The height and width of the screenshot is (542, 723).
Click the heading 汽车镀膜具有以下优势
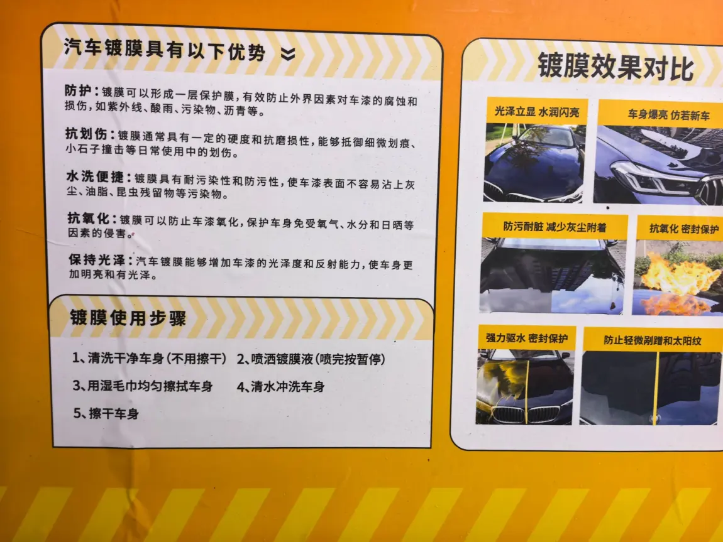click(x=164, y=49)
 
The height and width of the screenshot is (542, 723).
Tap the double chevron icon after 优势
click(x=288, y=54)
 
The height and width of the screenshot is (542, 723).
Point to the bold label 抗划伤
click(x=86, y=134)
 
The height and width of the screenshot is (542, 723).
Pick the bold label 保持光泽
click(x=97, y=259)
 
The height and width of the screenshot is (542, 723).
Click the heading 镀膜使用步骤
click(x=128, y=318)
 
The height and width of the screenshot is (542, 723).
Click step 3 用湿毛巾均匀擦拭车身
click(x=143, y=386)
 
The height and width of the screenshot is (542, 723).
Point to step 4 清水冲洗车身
click(x=281, y=386)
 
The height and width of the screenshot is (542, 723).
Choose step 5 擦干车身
click(x=106, y=413)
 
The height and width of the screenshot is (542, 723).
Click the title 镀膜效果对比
click(x=615, y=67)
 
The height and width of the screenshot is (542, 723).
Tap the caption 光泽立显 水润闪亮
click(x=537, y=112)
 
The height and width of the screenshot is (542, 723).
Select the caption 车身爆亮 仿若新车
click(x=668, y=115)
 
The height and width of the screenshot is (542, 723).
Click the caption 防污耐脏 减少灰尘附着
click(x=555, y=227)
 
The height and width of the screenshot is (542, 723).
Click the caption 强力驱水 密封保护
click(x=527, y=339)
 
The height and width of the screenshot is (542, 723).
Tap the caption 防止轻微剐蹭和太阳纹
click(x=653, y=340)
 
